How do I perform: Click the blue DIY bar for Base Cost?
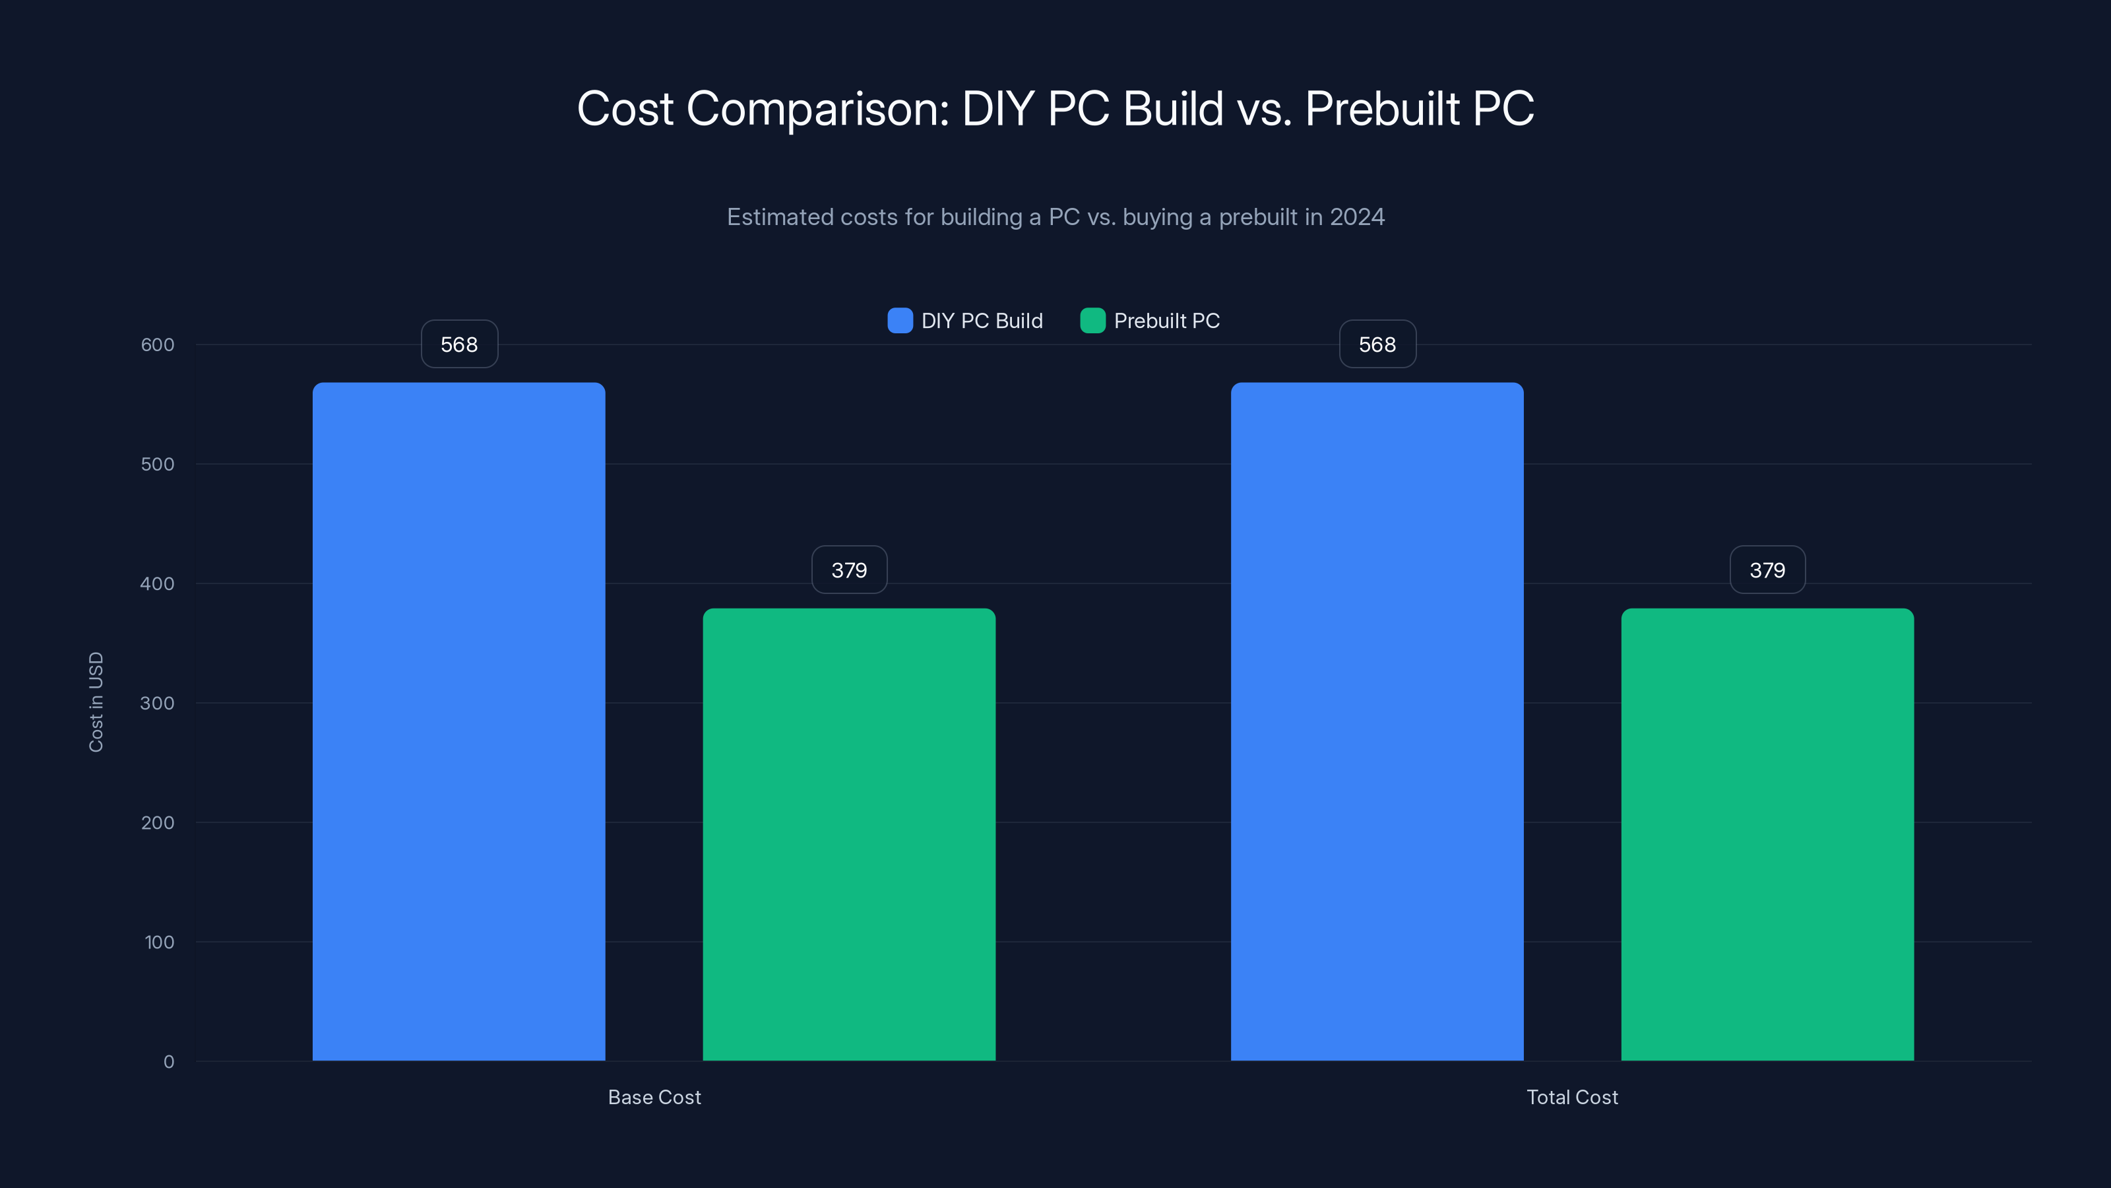(x=459, y=721)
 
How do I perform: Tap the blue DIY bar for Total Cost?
(x=1377, y=721)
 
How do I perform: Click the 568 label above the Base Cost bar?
(x=459, y=345)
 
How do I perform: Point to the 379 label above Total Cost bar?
(x=1767, y=570)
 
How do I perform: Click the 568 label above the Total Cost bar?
(x=1377, y=345)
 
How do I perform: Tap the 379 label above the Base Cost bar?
(x=849, y=570)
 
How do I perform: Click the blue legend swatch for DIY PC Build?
(x=900, y=321)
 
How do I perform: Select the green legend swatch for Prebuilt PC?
(x=1092, y=321)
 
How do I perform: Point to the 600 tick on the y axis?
(x=158, y=345)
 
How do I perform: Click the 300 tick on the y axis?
(x=158, y=703)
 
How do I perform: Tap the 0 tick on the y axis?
(x=169, y=1062)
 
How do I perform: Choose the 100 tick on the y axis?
(x=159, y=942)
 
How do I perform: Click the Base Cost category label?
(x=654, y=1097)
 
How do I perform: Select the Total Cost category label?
(x=1572, y=1097)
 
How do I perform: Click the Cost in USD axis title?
(x=96, y=702)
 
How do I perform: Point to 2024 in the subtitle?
(x=1356, y=217)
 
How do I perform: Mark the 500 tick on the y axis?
(x=158, y=464)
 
